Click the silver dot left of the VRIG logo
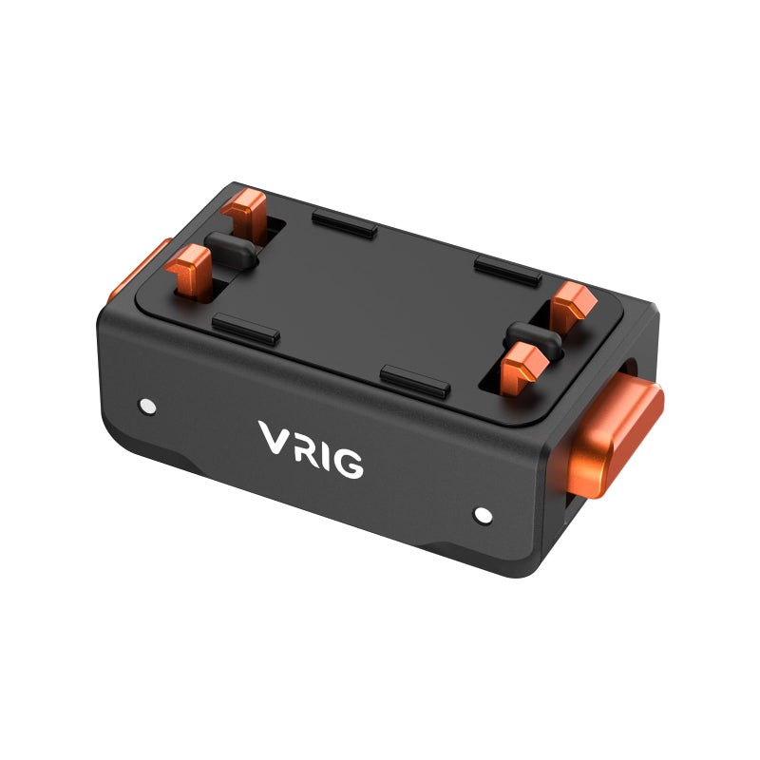tap(145, 405)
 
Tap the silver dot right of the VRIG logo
tap(483, 516)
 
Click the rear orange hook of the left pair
tap(249, 210)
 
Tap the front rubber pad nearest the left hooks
tap(246, 330)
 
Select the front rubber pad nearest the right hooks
tap(415, 382)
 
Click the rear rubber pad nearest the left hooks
tap(344, 225)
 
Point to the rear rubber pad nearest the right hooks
tap(507, 271)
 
